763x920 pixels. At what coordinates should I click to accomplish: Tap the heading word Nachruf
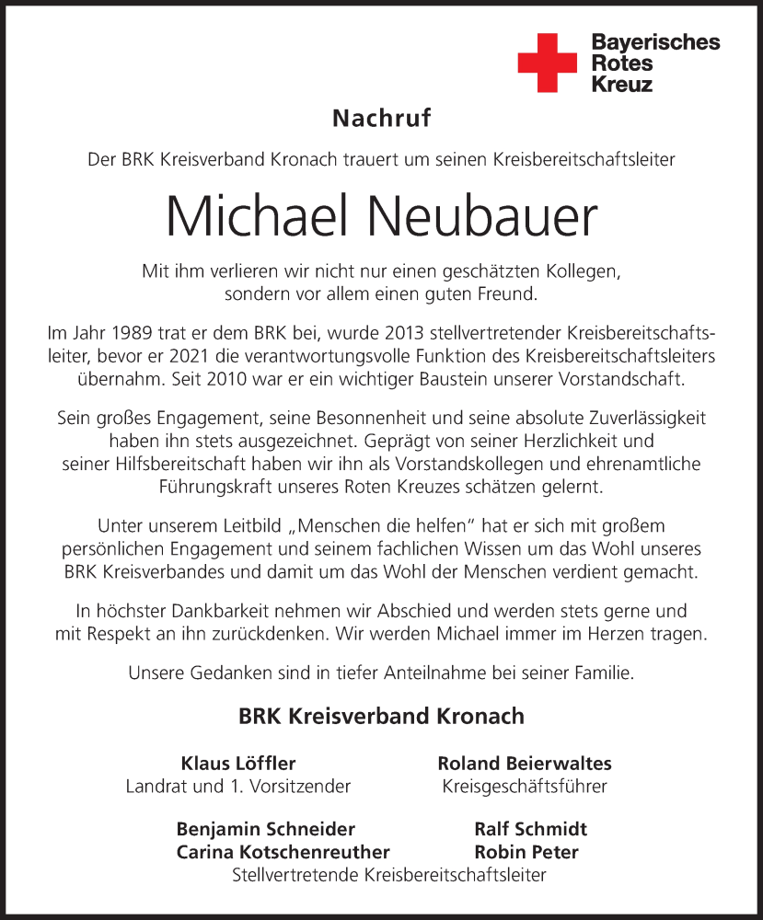pos(381,118)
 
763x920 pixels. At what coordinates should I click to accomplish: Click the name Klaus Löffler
pos(238,764)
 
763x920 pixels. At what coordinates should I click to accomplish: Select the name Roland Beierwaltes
pos(524,764)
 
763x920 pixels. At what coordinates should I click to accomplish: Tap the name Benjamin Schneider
pos(265,829)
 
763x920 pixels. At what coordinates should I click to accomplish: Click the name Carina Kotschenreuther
pos(283,852)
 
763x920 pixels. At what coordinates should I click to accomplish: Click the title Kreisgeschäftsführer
pos(524,787)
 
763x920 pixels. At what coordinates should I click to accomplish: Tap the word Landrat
pos(155,787)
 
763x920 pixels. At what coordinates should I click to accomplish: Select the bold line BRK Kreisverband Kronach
pos(381,715)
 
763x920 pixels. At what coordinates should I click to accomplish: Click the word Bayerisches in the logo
pos(655,42)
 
